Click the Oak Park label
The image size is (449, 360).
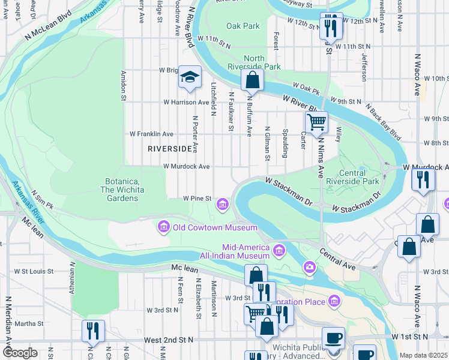click(243, 26)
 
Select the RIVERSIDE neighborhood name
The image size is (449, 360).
click(170, 148)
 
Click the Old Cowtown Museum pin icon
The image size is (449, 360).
click(163, 227)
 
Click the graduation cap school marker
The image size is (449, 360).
click(190, 78)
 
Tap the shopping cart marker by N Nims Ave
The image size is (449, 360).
click(316, 122)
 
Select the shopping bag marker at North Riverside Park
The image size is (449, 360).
click(253, 80)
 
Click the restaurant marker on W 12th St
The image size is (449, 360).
click(331, 26)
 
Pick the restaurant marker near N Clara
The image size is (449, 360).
click(93, 331)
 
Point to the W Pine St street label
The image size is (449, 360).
click(197, 198)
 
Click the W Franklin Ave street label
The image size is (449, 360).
click(152, 134)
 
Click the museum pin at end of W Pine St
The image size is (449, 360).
click(223, 205)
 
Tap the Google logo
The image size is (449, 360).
click(20, 353)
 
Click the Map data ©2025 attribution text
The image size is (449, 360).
click(423, 355)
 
